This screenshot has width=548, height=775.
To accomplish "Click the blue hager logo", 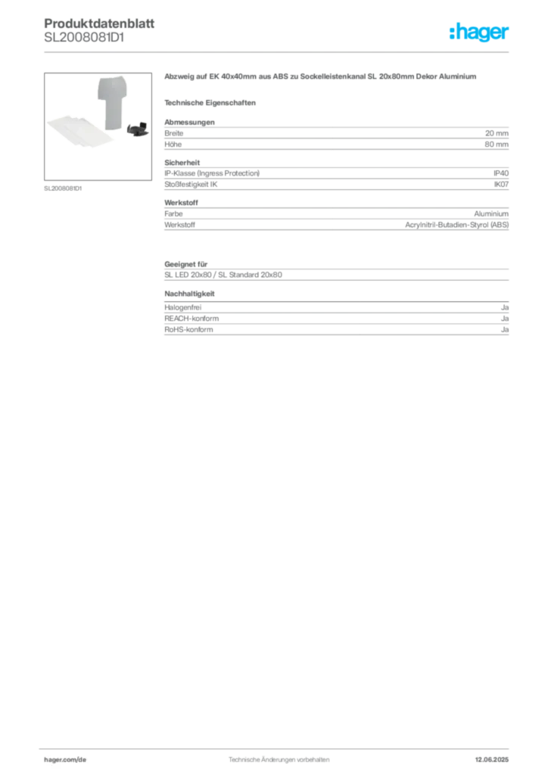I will (x=480, y=34).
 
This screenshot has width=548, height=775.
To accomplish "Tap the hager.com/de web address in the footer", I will (x=66, y=758).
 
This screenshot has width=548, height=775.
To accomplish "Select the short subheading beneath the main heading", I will (x=213, y=102).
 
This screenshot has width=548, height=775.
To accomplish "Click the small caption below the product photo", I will (x=64, y=188).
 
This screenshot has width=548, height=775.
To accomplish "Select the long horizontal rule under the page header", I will (x=278, y=51).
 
